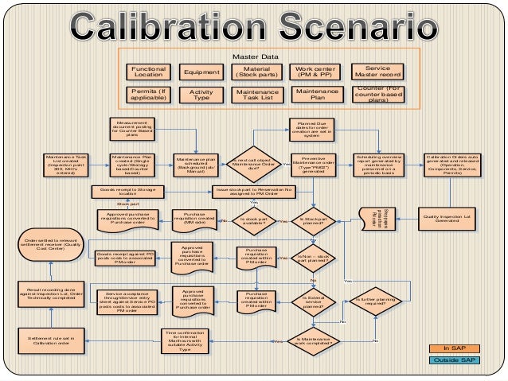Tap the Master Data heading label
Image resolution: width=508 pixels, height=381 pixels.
[x=251, y=56]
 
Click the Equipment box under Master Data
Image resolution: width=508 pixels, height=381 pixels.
[x=201, y=72]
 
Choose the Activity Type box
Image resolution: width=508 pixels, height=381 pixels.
[x=201, y=95]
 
